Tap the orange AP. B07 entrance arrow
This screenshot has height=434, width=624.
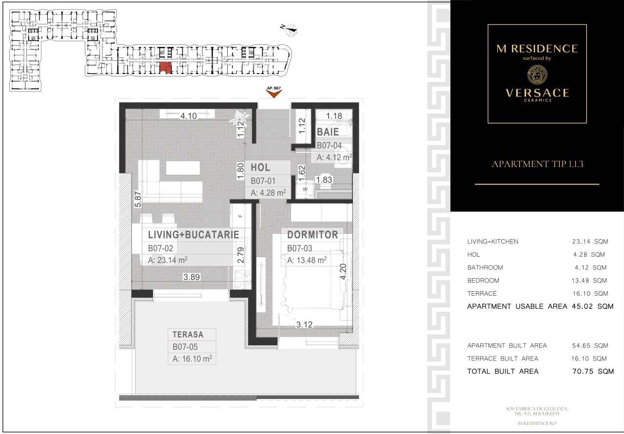click(x=273, y=93)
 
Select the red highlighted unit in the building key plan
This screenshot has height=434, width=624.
click(x=166, y=68)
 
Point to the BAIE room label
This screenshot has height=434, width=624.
click(x=328, y=132)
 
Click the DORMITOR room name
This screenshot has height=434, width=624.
click(x=312, y=234)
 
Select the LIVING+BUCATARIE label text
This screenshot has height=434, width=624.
click(x=194, y=235)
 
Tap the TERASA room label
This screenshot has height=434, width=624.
click(x=188, y=335)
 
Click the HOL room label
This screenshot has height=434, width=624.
click(x=260, y=168)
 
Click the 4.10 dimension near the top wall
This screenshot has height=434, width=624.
click(x=188, y=116)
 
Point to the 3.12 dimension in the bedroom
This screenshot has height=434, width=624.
click(x=304, y=324)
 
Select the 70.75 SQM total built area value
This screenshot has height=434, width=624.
click(x=592, y=371)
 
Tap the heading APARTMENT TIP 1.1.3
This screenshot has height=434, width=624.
click(x=537, y=164)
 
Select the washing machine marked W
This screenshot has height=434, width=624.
click(x=305, y=189)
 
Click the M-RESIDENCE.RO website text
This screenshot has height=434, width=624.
click(x=537, y=424)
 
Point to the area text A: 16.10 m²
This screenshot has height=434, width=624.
click(x=192, y=359)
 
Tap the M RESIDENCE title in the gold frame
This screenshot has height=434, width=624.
click(x=537, y=48)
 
